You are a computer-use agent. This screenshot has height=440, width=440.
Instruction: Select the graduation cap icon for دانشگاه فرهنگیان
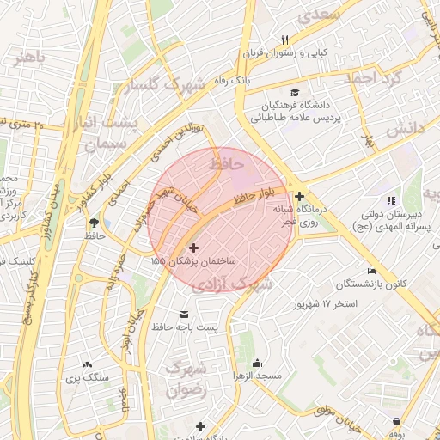[x=296, y=92]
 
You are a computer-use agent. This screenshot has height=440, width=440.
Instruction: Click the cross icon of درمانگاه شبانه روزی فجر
[x=298, y=197]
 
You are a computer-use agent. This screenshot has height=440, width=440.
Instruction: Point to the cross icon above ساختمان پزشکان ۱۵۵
[x=192, y=247]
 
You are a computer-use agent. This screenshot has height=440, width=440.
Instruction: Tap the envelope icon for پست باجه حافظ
[x=183, y=315]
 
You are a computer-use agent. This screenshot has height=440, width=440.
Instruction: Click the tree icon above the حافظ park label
[x=93, y=223]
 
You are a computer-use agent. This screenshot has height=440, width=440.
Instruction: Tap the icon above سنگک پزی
[x=87, y=365]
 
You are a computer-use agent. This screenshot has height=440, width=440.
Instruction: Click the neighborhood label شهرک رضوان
[x=187, y=379]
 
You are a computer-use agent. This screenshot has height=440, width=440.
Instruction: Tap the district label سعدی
[x=317, y=15]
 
